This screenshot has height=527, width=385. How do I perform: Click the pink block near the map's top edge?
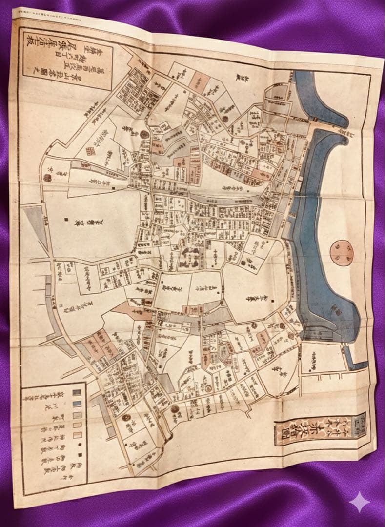click(199, 79)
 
